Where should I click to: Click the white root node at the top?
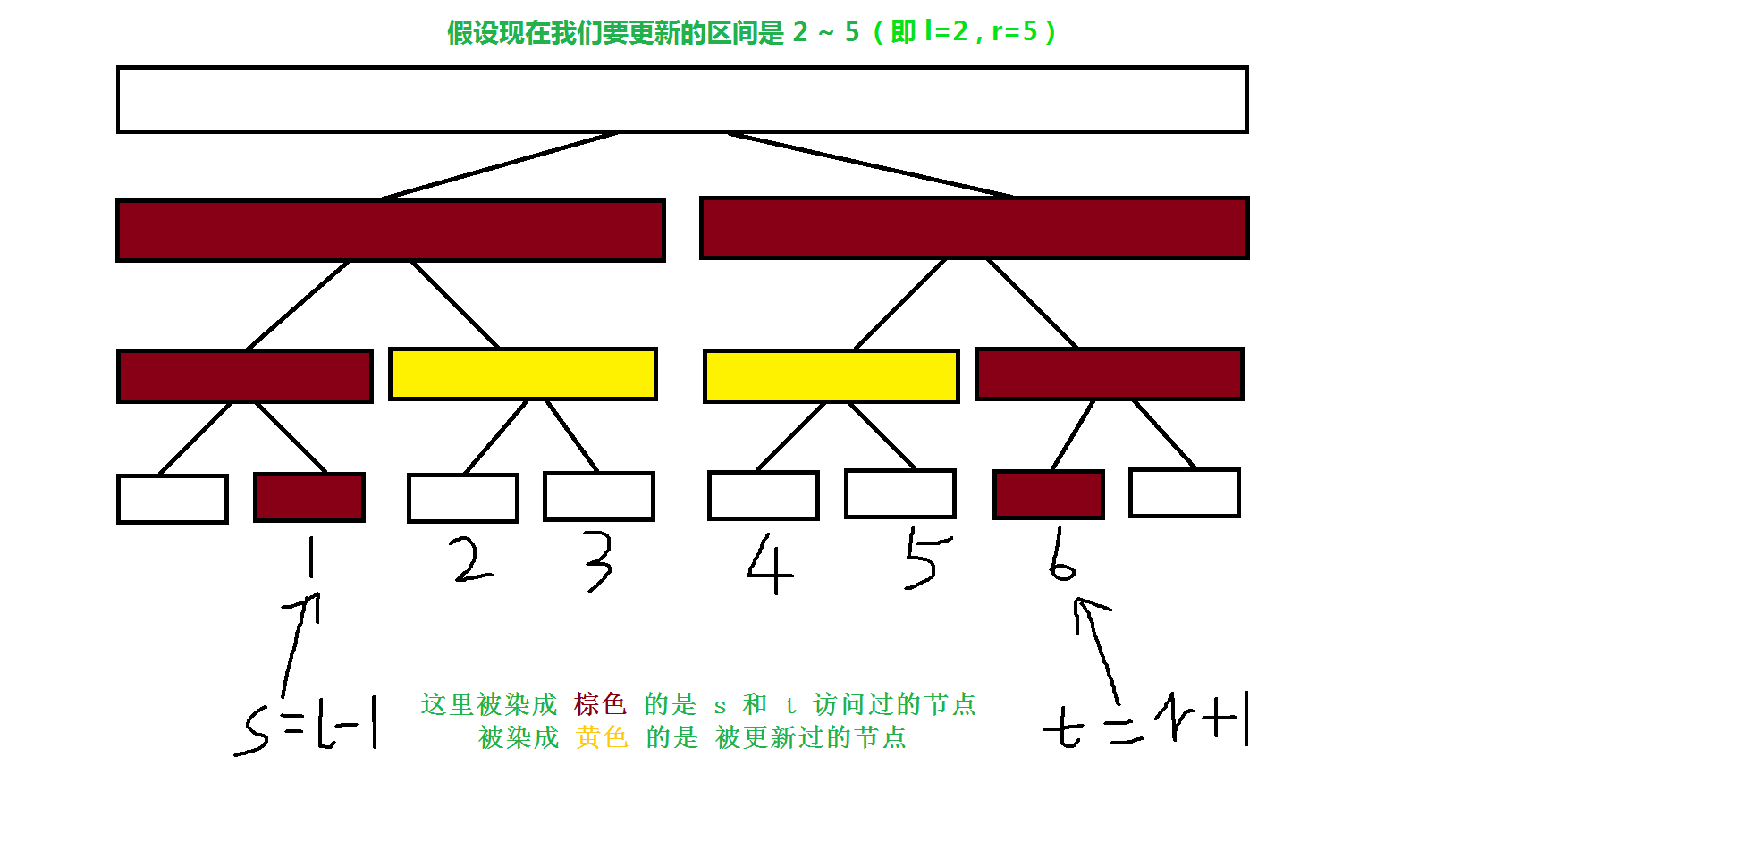681,99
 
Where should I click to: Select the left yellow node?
523,374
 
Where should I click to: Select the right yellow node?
831,376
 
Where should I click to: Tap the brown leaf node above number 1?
309,497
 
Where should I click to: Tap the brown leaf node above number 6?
1049,494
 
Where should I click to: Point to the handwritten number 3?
599,561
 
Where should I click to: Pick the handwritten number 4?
769,565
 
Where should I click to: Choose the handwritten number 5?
925,559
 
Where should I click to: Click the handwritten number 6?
1061,555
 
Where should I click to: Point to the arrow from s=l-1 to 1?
299,643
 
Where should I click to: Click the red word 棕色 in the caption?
600,704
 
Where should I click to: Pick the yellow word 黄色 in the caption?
602,737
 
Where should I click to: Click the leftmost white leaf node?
173,499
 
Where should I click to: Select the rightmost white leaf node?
1184,492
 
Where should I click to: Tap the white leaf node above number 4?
763,495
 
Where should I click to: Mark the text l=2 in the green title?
946,32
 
